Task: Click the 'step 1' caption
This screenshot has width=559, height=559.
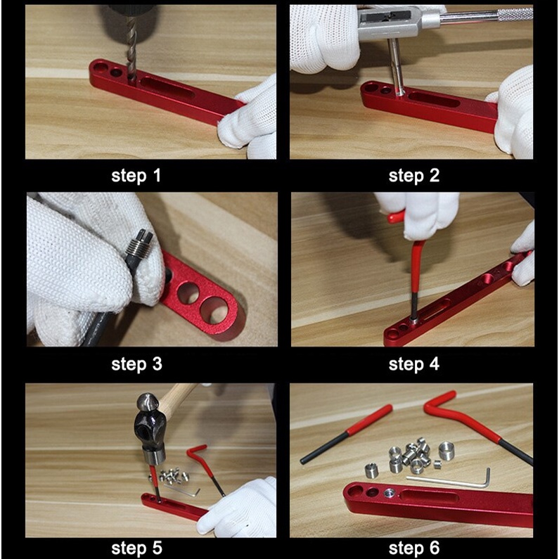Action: [x=136, y=176]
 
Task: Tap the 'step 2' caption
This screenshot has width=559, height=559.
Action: [x=414, y=176]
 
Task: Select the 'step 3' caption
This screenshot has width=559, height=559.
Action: [x=136, y=364]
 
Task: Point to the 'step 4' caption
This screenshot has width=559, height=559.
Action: [x=414, y=364]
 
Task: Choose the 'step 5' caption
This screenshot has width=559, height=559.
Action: [x=136, y=548]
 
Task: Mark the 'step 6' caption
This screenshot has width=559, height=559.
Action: [x=414, y=548]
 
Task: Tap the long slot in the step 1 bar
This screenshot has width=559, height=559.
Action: [x=167, y=87]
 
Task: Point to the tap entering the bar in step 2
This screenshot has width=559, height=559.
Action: [x=397, y=67]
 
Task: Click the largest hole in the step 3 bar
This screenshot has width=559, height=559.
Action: [x=214, y=310]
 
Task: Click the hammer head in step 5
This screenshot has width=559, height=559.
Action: [x=150, y=428]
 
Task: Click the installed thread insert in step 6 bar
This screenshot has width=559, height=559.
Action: [x=390, y=493]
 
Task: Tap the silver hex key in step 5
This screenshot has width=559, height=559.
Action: [x=181, y=491]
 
